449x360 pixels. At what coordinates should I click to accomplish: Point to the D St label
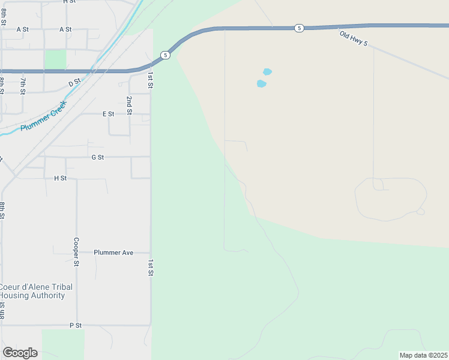click(x=74, y=83)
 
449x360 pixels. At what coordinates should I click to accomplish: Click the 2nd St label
click(x=129, y=104)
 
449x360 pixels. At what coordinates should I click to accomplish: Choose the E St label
click(x=108, y=113)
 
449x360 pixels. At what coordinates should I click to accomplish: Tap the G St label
click(x=98, y=157)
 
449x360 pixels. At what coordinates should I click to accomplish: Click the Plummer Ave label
click(x=113, y=253)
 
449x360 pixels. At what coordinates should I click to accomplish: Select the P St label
click(x=75, y=325)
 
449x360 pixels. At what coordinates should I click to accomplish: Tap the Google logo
click(x=20, y=352)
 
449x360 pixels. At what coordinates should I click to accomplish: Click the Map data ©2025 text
click(x=423, y=355)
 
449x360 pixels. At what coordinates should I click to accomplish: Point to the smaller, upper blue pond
click(x=267, y=72)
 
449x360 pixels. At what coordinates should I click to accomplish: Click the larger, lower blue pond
click(x=261, y=84)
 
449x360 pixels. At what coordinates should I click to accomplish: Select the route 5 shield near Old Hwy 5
click(x=299, y=28)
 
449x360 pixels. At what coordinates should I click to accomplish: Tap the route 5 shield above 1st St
click(x=165, y=56)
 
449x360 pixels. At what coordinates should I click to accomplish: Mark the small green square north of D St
click(x=56, y=59)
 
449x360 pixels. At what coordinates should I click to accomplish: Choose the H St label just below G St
click(x=60, y=178)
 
